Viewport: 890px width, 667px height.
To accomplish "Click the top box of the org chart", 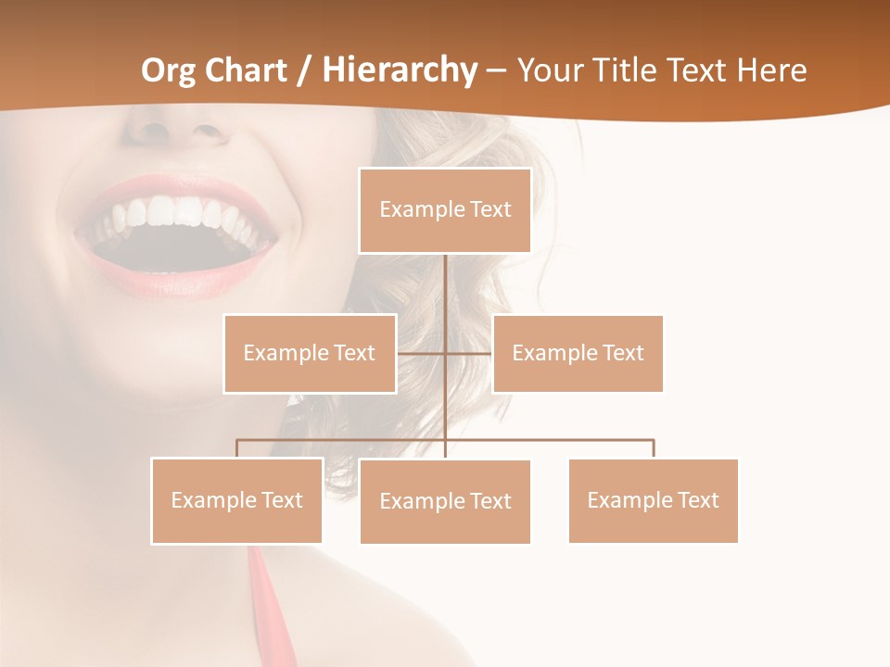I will tap(445, 210).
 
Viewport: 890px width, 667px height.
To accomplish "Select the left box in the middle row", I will tap(310, 353).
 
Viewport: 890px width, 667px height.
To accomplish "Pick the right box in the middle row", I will tap(578, 353).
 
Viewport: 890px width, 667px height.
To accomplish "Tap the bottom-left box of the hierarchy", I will tap(237, 500).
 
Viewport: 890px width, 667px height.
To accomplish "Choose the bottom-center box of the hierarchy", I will tap(445, 501).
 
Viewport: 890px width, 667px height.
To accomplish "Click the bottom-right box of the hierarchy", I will tap(653, 500).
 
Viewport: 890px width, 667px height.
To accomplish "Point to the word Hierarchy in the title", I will tap(399, 70).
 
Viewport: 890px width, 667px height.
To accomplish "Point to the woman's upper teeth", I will tap(176, 215).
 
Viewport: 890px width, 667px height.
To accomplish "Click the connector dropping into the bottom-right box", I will tap(654, 448).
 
